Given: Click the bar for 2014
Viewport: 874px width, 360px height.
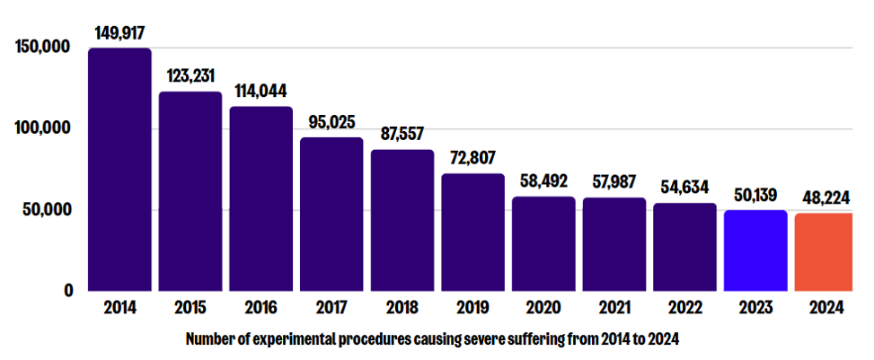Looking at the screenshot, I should click(119, 170).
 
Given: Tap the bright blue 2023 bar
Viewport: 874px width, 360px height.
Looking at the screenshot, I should click(755, 251).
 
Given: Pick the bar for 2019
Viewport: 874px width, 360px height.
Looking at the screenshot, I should click(472, 233).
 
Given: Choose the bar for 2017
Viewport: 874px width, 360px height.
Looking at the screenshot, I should click(331, 215).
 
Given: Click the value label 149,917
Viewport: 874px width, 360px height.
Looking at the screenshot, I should click(119, 32).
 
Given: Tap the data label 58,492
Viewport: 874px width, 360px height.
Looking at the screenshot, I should click(543, 180).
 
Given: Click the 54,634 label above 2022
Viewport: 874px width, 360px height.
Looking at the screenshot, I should click(684, 188).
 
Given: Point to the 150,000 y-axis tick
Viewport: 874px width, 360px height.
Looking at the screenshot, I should click(43, 48).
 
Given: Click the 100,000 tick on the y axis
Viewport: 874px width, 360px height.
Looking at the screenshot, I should click(43, 128).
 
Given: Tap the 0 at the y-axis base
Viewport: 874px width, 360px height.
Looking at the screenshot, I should click(68, 291).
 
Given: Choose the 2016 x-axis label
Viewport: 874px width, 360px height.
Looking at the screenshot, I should click(260, 308).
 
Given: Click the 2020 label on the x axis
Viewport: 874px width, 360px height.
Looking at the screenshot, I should click(543, 308).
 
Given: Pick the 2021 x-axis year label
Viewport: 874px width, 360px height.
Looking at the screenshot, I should click(614, 308).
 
